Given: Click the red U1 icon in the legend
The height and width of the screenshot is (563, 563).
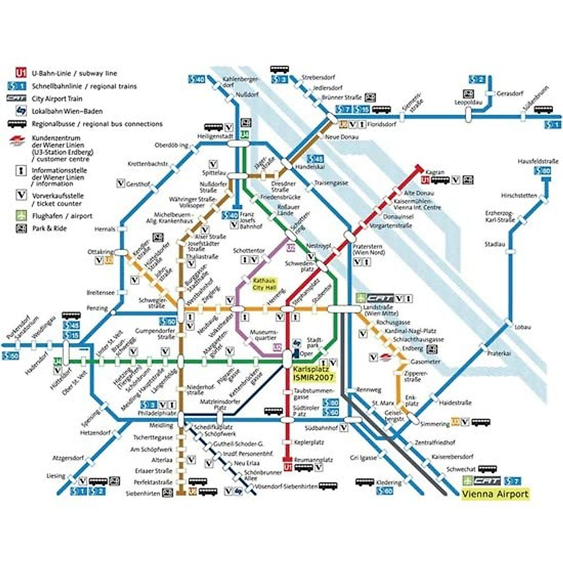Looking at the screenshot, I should pos(21,73).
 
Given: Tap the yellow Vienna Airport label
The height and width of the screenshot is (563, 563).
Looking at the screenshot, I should pos(495,494).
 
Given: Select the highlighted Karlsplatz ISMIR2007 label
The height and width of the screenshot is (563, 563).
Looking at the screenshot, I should pos(313,373).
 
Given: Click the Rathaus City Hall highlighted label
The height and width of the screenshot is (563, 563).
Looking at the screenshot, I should pos(265,283).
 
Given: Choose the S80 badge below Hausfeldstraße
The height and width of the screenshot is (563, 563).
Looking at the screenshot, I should pos(543,171).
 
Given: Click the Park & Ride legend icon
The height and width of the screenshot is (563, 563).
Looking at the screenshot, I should pos(21,228).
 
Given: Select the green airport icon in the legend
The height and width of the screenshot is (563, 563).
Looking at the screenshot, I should pos(21,216).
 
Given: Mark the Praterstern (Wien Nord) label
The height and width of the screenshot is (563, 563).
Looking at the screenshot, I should pos(368,249).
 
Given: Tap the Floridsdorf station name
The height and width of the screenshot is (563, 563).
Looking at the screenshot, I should pos(381,125).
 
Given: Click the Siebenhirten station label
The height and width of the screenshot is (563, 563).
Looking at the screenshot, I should pos(143,494).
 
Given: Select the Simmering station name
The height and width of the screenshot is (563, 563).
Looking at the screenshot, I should pos(434,424).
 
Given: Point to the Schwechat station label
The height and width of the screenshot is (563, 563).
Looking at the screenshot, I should pos(461,469).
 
